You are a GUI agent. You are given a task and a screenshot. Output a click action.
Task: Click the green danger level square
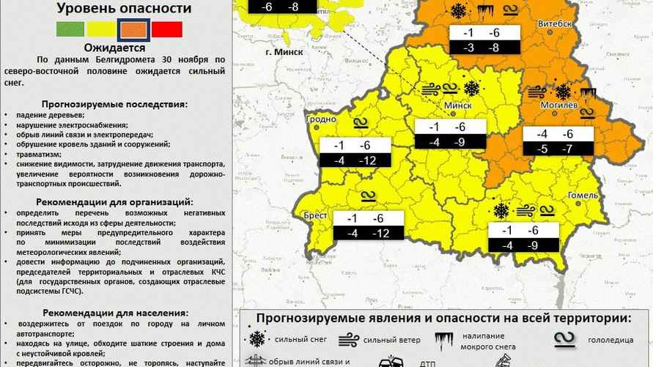pyautogui.click(x=70, y=30)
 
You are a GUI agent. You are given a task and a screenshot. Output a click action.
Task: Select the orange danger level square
pyautogui.click(x=132, y=30)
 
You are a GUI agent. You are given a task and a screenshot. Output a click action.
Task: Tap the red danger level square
pyautogui.click(x=167, y=30)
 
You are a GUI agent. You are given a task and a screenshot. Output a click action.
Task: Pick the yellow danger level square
pyautogui.click(x=100, y=30)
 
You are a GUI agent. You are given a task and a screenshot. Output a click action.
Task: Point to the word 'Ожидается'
pyautogui.click(x=114, y=47)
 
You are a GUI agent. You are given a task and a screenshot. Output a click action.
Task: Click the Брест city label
pyautogui.click(x=315, y=216)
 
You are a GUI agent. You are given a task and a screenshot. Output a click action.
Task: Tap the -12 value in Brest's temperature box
pyautogui.click(x=380, y=233)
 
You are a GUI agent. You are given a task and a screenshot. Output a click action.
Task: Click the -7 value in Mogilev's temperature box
pyautogui.click(x=567, y=149)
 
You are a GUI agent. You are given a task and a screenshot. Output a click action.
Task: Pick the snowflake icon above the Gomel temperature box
pyautogui.click(x=501, y=211)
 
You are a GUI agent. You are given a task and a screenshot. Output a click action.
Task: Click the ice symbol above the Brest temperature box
pyautogui.click(x=367, y=197)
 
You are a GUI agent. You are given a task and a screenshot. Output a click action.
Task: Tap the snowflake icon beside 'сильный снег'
pyautogui.click(x=257, y=340)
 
